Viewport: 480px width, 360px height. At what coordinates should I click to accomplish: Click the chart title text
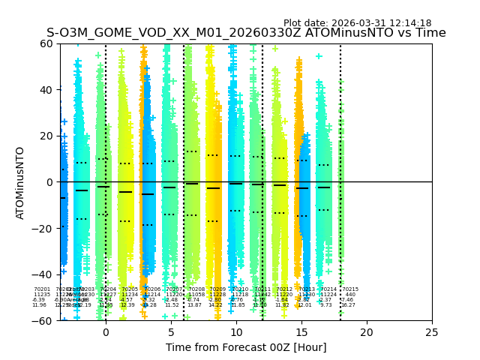pyautogui.click(x=246, y=33)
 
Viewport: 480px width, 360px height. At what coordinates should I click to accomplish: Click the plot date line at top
pyautogui.click(x=357, y=23)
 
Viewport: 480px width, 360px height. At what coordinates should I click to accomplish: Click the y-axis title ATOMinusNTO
pyautogui.click(x=20, y=182)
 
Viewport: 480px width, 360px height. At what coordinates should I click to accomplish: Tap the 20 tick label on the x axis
pyautogui.click(x=367, y=332)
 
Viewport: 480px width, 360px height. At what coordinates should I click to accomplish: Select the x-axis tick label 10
pyautogui.click(x=236, y=332)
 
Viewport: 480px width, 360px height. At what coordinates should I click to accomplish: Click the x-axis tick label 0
pyautogui.click(x=106, y=332)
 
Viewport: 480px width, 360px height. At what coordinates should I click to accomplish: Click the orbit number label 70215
pyautogui.click(x=350, y=289)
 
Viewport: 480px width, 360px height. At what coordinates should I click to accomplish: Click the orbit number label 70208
pyautogui.click(x=196, y=289)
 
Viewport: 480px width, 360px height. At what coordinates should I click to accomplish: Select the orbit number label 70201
pyautogui.click(x=42, y=289)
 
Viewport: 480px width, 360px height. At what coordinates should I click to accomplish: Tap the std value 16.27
pyautogui.click(x=348, y=305)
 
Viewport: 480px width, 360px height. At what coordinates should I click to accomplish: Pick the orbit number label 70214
pyautogui.click(x=328, y=289)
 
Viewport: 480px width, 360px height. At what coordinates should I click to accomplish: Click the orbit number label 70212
pyautogui.click(x=284, y=289)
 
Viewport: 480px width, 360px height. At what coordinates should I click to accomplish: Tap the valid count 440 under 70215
pyautogui.click(x=349, y=295)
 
